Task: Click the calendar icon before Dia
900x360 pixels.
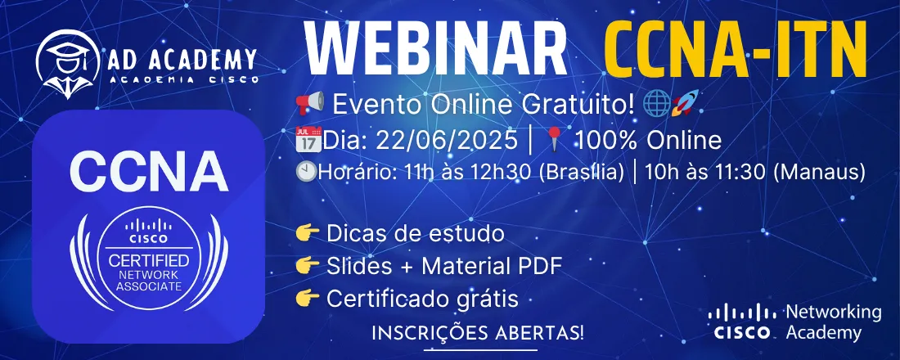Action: pyautogui.click(x=308, y=140)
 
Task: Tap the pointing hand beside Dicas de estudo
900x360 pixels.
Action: pyautogui.click(x=308, y=234)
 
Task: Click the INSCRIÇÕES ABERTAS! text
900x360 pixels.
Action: pyautogui.click(x=479, y=333)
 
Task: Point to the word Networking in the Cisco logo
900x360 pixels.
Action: pyautogui.click(x=833, y=313)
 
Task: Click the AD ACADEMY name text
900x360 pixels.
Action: pyautogui.click(x=182, y=60)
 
